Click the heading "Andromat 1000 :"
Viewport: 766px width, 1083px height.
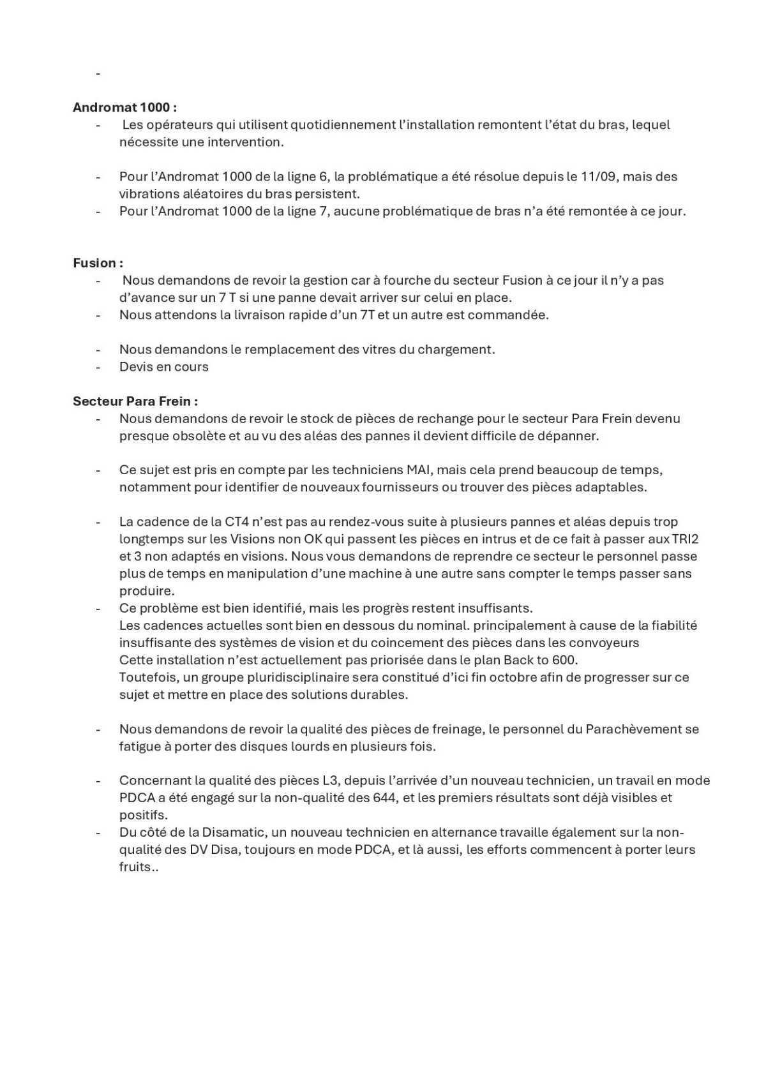[x=125, y=107]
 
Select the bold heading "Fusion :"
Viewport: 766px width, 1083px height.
[x=98, y=263]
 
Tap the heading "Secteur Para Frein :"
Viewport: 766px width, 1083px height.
[x=135, y=401]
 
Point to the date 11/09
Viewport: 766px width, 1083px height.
[x=599, y=176]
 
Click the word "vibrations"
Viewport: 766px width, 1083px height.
[x=148, y=193]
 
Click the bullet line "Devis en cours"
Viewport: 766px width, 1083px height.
[x=164, y=366]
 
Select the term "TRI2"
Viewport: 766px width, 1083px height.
[x=685, y=539]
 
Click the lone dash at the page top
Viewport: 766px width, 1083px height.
[x=98, y=73]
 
